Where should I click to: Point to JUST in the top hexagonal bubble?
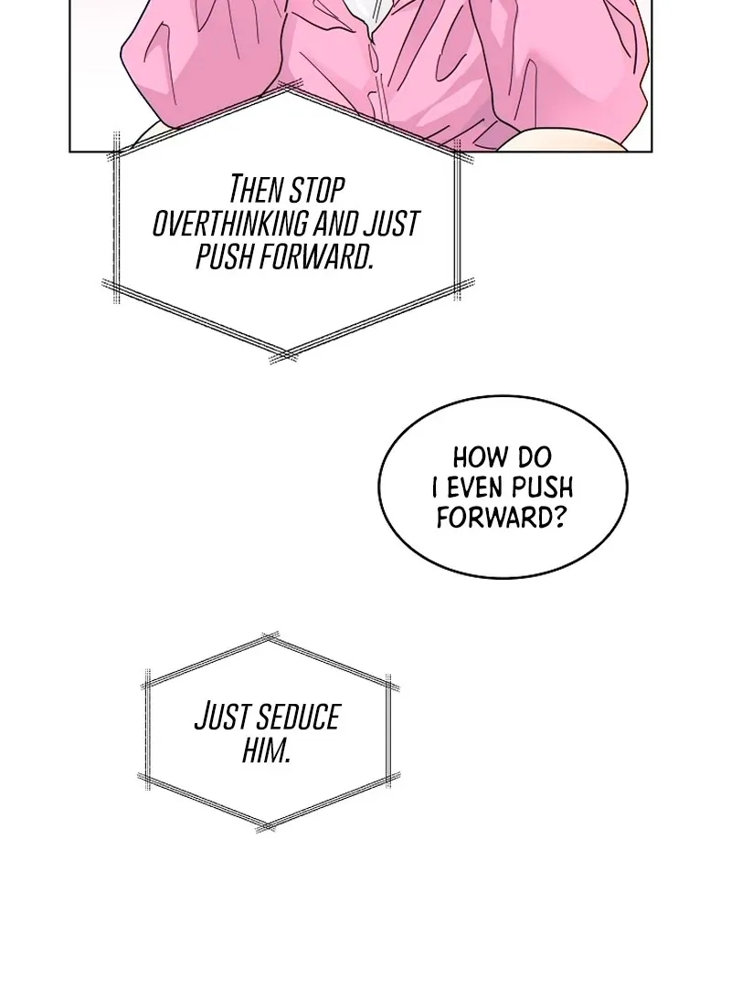click(392, 224)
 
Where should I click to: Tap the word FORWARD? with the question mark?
click(502, 518)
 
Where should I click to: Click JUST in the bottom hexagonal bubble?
click(223, 718)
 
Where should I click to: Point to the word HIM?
click(266, 750)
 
